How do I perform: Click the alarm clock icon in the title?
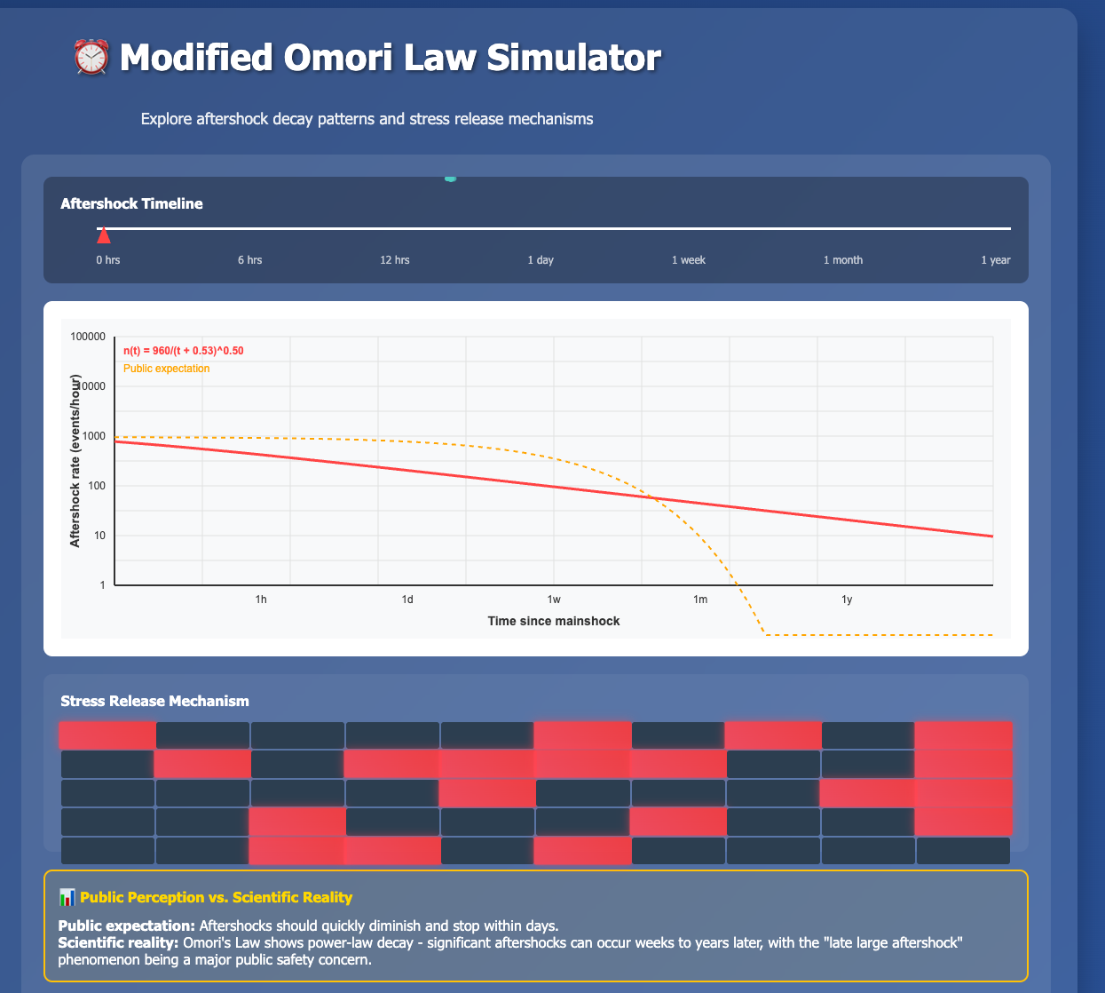tap(91, 59)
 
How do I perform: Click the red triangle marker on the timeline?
tap(104, 234)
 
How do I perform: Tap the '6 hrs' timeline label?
tap(249, 260)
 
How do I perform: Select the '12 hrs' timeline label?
tap(395, 260)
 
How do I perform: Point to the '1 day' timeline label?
tap(541, 260)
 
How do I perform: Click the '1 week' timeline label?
tap(688, 260)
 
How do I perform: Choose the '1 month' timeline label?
tap(842, 260)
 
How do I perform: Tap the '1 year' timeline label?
tap(995, 260)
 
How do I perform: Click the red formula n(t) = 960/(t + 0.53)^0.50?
tap(184, 351)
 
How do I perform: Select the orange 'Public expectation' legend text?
tap(167, 369)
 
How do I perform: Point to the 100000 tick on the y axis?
tap(87, 337)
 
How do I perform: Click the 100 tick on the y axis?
tap(95, 486)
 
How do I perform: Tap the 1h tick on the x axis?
tap(261, 600)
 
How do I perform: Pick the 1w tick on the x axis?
tap(554, 600)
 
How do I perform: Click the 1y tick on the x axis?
tap(847, 600)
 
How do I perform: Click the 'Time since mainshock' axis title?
tap(554, 621)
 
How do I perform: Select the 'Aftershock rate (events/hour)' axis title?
tap(75, 461)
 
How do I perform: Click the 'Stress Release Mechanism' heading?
tap(154, 702)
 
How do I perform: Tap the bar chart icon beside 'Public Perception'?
tap(67, 897)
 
